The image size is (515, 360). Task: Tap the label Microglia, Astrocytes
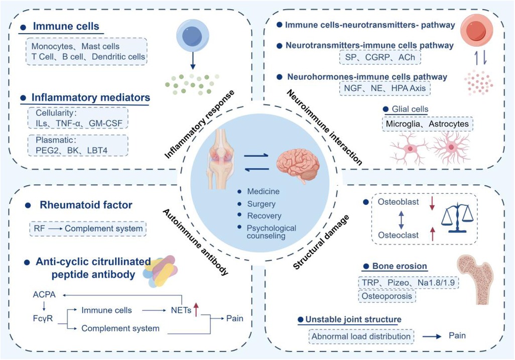(x=427, y=124)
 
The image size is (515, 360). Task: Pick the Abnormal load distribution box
(x=361, y=336)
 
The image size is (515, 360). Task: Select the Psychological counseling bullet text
(x=271, y=231)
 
